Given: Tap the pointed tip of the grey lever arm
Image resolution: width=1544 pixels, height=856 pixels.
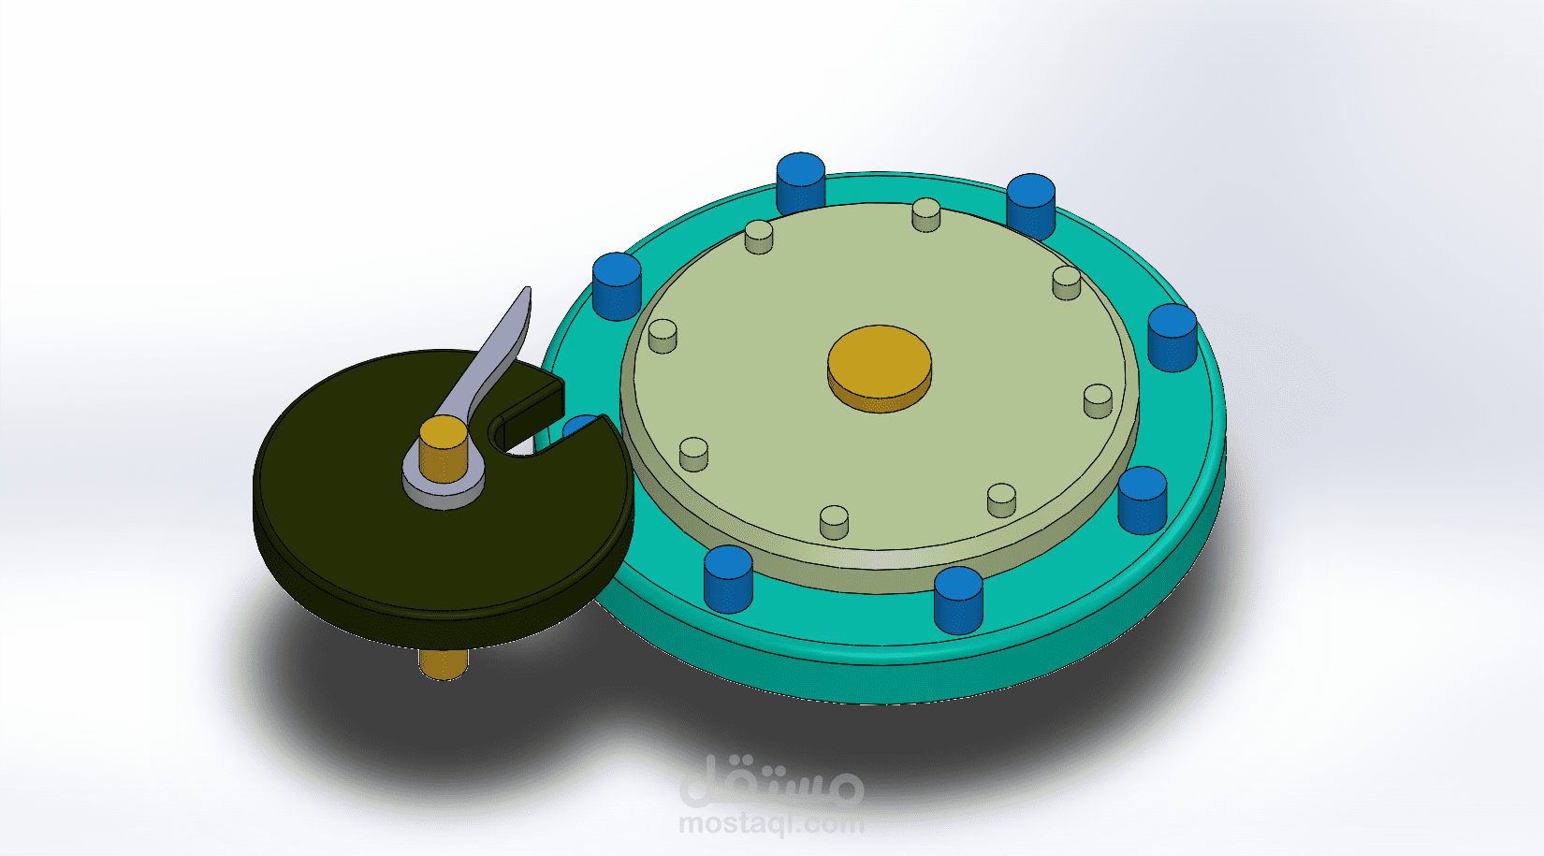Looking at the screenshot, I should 527,292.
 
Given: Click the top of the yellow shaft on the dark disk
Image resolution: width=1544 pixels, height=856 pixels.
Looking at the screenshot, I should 443,435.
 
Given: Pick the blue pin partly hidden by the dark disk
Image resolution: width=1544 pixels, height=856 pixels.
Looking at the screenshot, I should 580,427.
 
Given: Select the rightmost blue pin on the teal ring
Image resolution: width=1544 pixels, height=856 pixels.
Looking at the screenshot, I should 1172,336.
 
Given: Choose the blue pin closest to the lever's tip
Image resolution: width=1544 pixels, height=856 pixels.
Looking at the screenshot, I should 617,284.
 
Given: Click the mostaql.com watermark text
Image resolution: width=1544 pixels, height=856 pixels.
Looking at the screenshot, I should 770,824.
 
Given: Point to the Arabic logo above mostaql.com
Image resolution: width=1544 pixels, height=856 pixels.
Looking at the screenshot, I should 770,780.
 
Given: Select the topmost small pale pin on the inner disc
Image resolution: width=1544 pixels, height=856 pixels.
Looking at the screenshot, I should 925,213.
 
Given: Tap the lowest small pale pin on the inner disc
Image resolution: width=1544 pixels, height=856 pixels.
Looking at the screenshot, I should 834,521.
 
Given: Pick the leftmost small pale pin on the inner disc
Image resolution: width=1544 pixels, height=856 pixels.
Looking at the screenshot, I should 663,335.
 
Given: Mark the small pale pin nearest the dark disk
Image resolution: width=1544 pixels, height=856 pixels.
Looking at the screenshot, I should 693,453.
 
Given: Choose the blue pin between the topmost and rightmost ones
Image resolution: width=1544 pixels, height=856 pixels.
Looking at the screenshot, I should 1030,205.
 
